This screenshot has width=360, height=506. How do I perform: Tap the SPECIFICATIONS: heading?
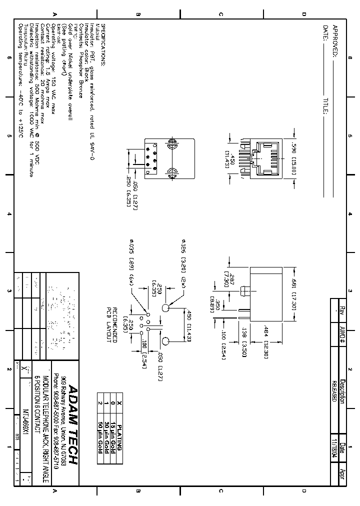(x=103, y=44)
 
